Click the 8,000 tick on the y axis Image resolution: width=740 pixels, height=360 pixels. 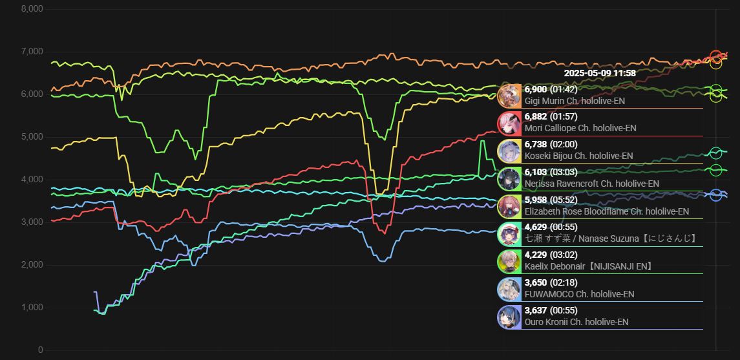pos(32,9)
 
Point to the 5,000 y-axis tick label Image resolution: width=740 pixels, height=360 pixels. pos(32,137)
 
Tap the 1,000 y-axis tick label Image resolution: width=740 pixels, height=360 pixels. pos(32,308)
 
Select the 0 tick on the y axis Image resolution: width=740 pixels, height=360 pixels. pos(40,350)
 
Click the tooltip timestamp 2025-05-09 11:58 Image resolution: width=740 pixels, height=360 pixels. pos(591,73)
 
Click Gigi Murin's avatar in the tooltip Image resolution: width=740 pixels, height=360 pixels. pos(509,96)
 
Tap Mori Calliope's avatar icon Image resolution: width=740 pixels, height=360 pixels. pos(509,123)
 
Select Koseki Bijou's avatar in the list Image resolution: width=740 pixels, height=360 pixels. pos(509,151)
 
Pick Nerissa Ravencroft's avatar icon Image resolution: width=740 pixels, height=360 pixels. pos(509,178)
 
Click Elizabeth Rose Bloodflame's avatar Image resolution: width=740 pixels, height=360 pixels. pos(509,206)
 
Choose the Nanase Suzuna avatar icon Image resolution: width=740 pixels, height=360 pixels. pos(509,233)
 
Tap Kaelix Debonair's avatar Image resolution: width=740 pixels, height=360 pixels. pos(509,261)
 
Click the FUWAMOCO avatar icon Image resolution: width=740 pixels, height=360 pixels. pos(509,289)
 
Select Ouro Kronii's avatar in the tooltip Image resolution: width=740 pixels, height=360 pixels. pos(509,317)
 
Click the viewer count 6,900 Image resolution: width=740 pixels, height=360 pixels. pos(536,89)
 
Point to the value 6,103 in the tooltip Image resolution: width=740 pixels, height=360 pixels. pos(536,172)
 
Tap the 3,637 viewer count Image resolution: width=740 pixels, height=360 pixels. pos(536,310)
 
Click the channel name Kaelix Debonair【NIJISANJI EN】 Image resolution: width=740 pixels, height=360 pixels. pos(589,266)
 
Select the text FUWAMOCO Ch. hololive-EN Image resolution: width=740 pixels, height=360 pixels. pos(579,294)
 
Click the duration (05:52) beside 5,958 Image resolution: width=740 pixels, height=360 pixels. pos(564,200)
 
